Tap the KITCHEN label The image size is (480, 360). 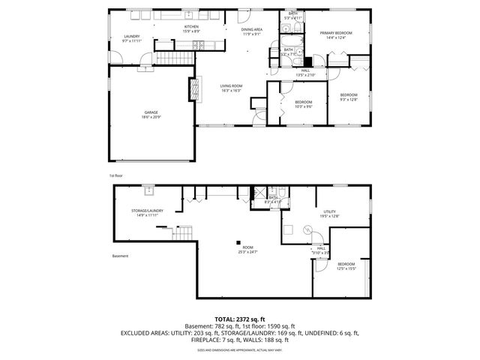pos(192,29)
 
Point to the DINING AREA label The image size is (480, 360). pos(251,31)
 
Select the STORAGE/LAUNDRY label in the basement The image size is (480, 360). pos(147,213)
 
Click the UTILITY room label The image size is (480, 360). pos(330,214)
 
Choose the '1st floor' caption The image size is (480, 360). pos(115,175)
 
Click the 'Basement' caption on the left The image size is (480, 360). pos(120,256)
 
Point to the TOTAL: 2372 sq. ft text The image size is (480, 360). pos(239,319)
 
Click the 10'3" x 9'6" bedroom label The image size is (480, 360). pos(303,103)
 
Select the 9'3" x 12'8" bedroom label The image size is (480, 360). pos(349,97)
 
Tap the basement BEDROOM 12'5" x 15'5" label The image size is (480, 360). pos(346,265)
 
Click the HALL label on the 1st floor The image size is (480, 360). pos(305,73)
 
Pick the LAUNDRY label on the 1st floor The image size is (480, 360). pos(132,38)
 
